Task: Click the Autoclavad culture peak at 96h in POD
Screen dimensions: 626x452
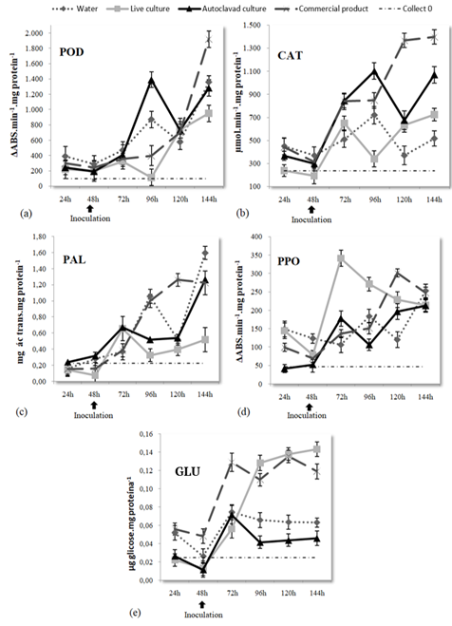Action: (x=150, y=81)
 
